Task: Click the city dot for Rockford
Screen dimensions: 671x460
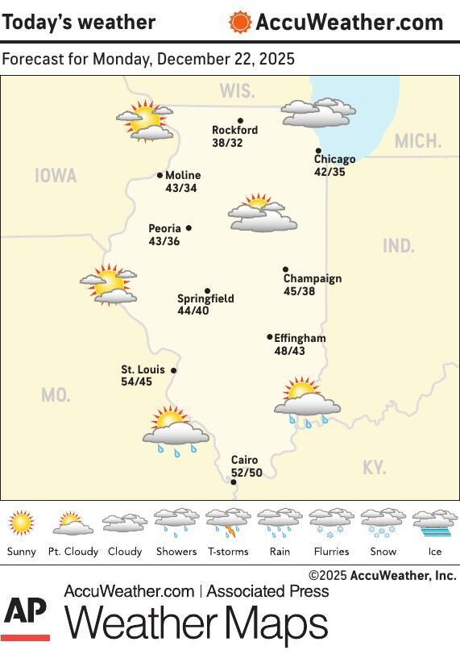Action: click(240, 121)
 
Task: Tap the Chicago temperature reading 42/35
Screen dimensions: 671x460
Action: click(329, 172)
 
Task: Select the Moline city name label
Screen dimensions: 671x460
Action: click(183, 175)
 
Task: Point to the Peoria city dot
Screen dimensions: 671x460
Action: click(189, 228)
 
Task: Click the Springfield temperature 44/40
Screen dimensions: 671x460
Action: click(193, 310)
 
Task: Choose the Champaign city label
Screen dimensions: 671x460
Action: click(312, 278)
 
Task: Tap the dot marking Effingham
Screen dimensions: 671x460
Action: click(270, 337)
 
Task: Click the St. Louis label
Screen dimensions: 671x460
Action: click(143, 369)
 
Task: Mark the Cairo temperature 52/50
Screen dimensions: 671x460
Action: click(247, 473)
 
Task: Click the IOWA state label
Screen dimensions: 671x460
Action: click(56, 176)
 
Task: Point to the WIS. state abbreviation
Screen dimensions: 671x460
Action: click(237, 91)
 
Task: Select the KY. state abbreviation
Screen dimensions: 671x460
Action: click(374, 468)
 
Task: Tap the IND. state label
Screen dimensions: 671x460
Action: click(398, 246)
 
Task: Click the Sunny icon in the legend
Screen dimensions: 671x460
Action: click(22, 523)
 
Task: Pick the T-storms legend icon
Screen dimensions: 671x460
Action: click(228, 523)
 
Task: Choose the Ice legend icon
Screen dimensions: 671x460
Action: click(435, 523)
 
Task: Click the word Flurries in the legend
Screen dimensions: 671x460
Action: click(331, 552)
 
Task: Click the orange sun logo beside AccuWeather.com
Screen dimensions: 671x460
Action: click(240, 22)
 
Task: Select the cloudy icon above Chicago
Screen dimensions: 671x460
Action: click(318, 113)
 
